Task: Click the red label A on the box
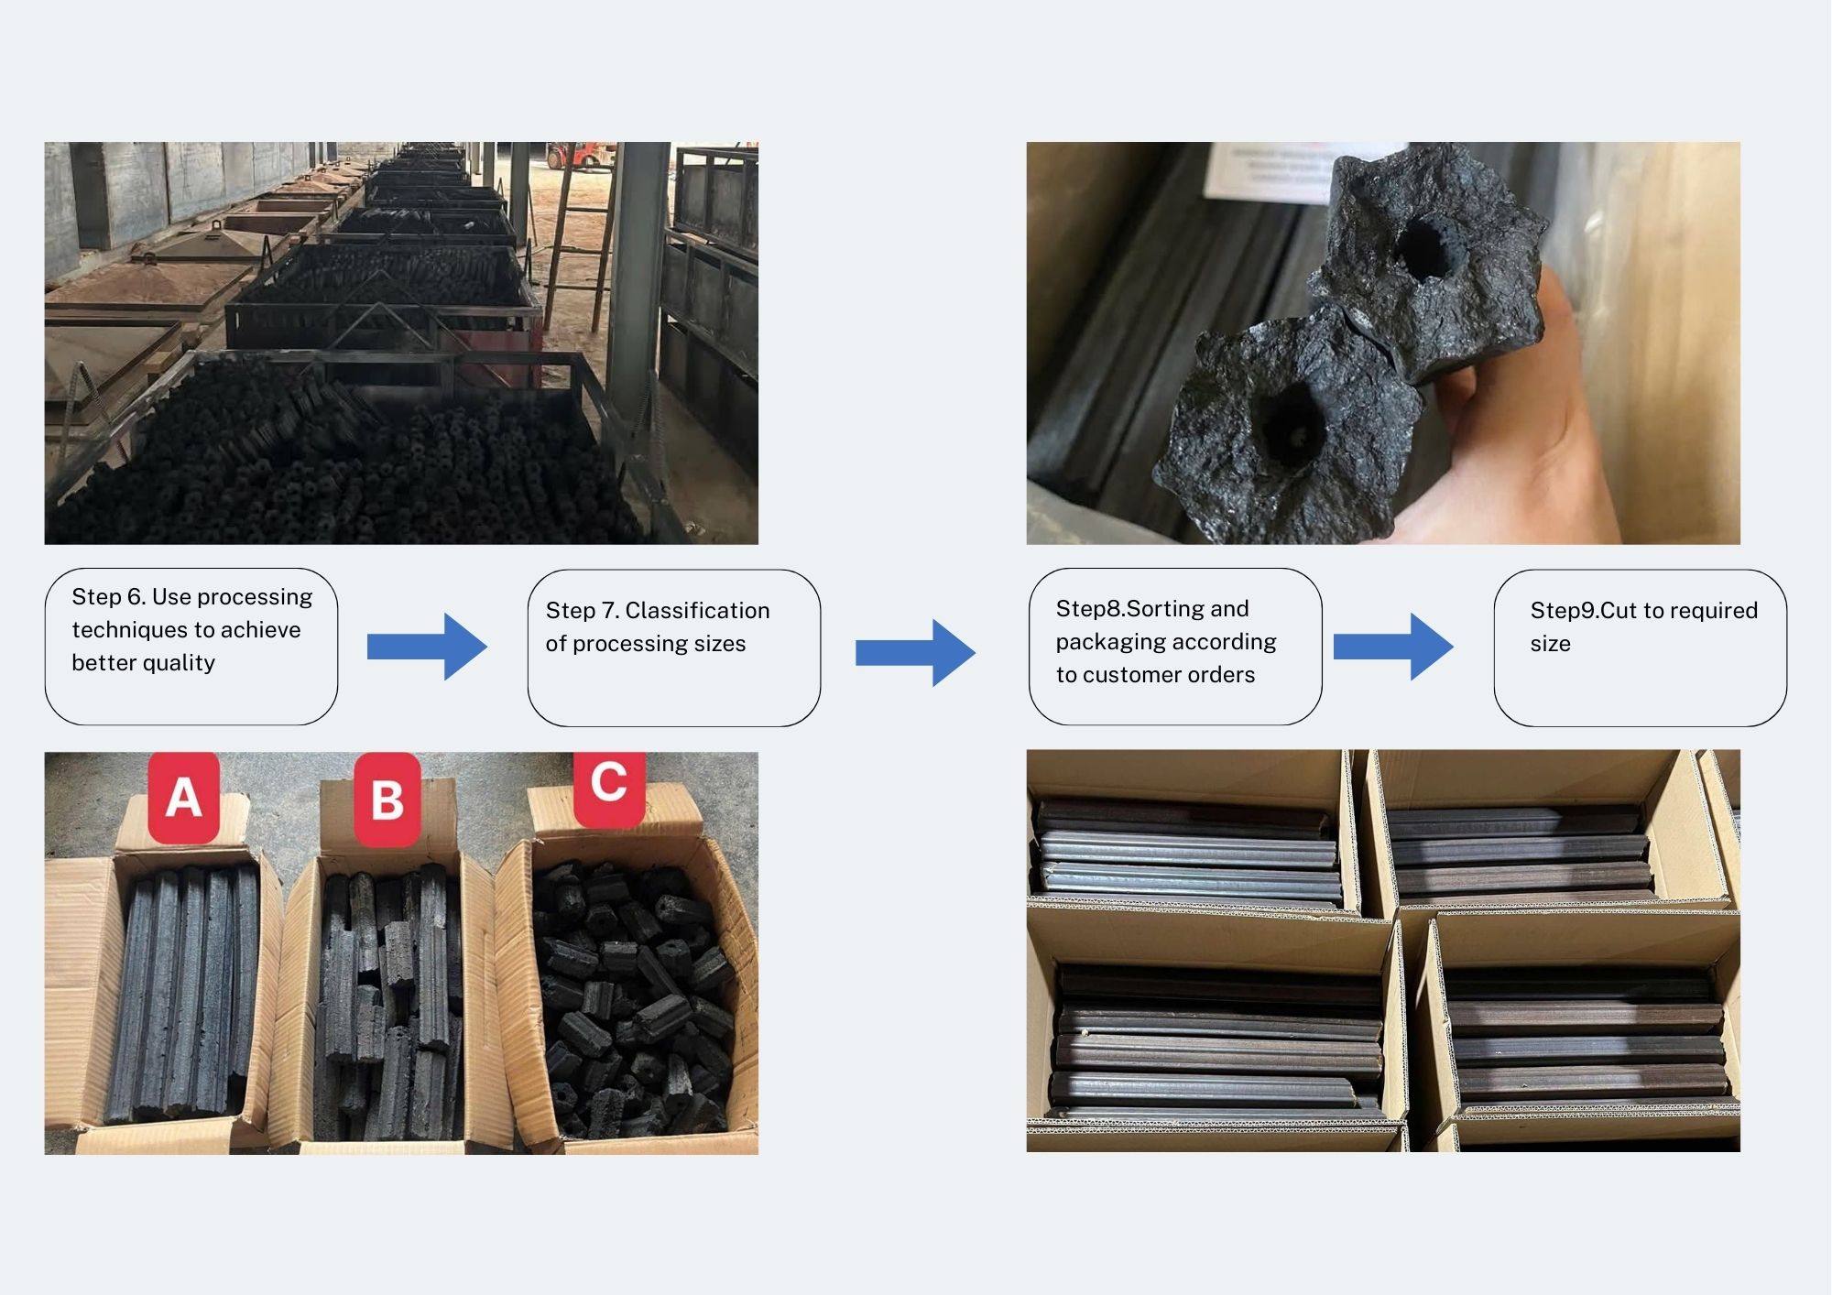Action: [x=184, y=797]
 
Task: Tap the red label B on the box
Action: [x=387, y=800]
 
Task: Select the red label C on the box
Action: [x=609, y=784]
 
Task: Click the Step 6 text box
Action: [x=191, y=647]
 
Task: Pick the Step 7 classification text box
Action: [x=674, y=648]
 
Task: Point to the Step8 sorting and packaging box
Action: [x=1175, y=647]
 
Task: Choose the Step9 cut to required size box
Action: [x=1640, y=648]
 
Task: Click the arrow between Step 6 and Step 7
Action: [x=427, y=647]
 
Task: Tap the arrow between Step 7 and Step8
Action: [x=915, y=652]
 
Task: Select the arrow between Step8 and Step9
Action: [x=1392, y=647]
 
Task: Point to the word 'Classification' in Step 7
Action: [x=697, y=611]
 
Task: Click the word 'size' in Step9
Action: [x=1550, y=644]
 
